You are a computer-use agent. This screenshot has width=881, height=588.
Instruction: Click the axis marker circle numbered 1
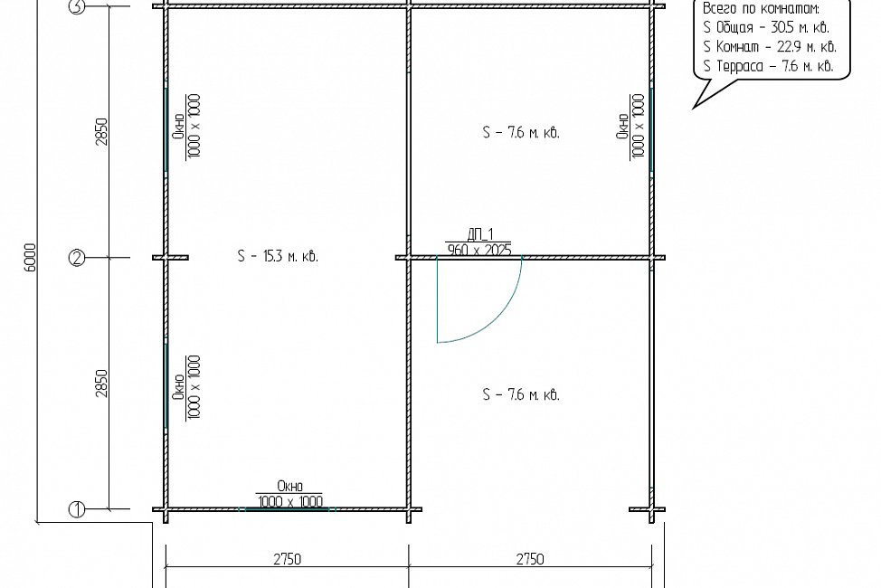76,510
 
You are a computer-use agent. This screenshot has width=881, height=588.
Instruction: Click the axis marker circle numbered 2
76,258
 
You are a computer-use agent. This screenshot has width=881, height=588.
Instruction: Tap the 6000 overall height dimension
31,258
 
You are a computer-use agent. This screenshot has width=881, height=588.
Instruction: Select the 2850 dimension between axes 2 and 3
101,131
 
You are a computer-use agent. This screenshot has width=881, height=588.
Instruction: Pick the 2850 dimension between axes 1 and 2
101,384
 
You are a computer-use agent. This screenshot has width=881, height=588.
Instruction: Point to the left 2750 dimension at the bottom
287,559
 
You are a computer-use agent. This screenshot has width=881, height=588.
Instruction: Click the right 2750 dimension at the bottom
530,559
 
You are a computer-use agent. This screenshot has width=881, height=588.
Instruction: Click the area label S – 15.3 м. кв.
278,256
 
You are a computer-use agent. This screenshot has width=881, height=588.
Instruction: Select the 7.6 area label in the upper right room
521,133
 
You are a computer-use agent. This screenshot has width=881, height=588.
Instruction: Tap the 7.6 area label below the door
521,394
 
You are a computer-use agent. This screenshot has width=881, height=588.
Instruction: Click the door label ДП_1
480,234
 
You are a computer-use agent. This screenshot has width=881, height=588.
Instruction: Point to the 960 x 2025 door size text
479,251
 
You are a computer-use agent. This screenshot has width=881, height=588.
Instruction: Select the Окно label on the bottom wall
290,486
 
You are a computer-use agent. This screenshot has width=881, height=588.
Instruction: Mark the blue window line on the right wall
651,129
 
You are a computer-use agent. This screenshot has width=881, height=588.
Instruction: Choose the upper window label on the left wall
187,126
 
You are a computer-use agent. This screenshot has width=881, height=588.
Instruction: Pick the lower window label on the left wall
187,387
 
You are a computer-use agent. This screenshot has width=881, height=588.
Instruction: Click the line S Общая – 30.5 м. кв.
766,27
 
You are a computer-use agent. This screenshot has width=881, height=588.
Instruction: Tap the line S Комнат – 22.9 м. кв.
769,47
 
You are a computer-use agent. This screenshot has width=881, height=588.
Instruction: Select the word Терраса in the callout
740,66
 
